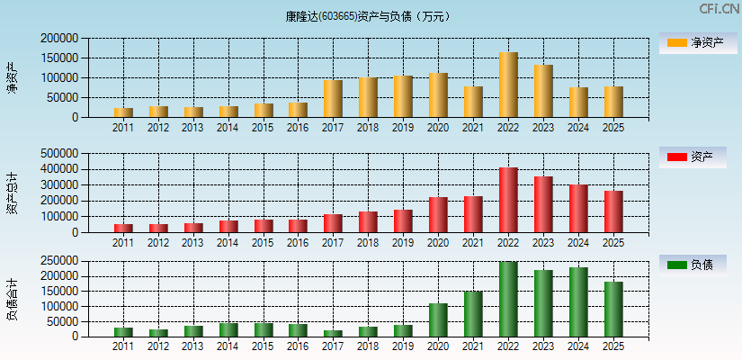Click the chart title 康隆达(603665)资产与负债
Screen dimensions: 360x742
[371, 16]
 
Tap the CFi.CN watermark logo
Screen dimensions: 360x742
[719, 9]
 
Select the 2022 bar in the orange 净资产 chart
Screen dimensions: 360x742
[508, 85]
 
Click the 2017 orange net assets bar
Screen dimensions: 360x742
[333, 99]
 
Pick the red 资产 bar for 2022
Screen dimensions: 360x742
[508, 200]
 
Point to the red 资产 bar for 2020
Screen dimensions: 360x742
[438, 215]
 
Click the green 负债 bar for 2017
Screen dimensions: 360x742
[333, 334]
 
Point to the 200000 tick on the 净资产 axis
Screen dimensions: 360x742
[59, 39]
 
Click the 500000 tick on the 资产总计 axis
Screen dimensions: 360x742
[59, 153]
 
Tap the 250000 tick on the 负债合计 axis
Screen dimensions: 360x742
[59, 261]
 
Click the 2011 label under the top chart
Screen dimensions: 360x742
[123, 127]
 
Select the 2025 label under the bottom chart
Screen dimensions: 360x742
[613, 346]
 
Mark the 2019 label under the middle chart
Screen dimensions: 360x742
[403, 242]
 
